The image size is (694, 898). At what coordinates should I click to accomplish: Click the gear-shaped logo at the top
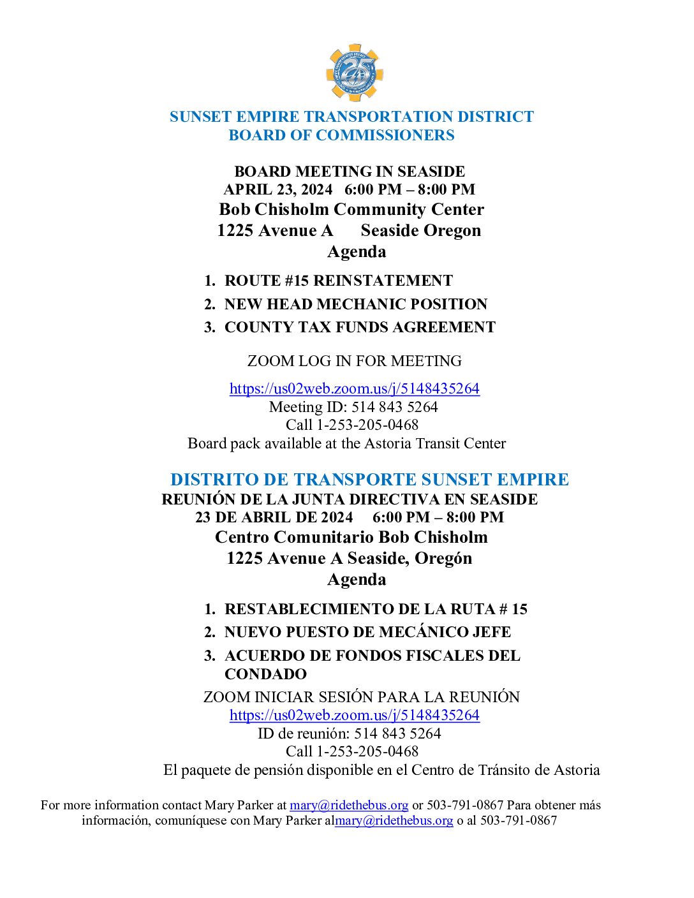[x=354, y=73]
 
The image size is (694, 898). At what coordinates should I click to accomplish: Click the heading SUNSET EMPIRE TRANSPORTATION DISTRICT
[x=351, y=117]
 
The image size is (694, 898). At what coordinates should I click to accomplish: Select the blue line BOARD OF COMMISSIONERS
[x=341, y=135]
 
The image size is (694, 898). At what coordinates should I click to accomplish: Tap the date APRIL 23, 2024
[x=278, y=189]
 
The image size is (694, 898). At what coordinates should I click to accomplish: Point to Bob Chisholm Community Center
[x=351, y=209]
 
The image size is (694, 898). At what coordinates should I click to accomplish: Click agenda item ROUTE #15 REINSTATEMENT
[x=338, y=281]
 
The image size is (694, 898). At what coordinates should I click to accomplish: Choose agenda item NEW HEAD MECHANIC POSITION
[x=355, y=304]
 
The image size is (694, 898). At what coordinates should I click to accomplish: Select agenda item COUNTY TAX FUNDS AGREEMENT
[x=360, y=327]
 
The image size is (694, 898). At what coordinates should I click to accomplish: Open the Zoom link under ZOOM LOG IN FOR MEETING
[x=354, y=388]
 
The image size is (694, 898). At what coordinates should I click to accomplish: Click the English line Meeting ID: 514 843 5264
[x=353, y=407]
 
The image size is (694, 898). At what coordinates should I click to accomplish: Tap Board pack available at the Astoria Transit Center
[x=346, y=443]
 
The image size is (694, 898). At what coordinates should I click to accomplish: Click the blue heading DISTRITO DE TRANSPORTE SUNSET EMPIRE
[x=369, y=480]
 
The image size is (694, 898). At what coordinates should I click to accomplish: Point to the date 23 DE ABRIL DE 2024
[x=274, y=517]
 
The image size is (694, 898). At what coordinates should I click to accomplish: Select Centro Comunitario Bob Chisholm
[x=351, y=537]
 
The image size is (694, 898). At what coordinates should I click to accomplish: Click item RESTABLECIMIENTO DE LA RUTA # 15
[x=376, y=609]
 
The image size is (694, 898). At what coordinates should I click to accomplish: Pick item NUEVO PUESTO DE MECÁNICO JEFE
[x=367, y=632]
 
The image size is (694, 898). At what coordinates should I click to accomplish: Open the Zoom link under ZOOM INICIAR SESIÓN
[x=354, y=715]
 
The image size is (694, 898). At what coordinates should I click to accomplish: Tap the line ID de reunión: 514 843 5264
[x=349, y=733]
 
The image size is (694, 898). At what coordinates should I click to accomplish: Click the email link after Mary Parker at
[x=349, y=805]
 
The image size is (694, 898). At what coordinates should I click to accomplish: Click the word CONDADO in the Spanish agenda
[x=265, y=674]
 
